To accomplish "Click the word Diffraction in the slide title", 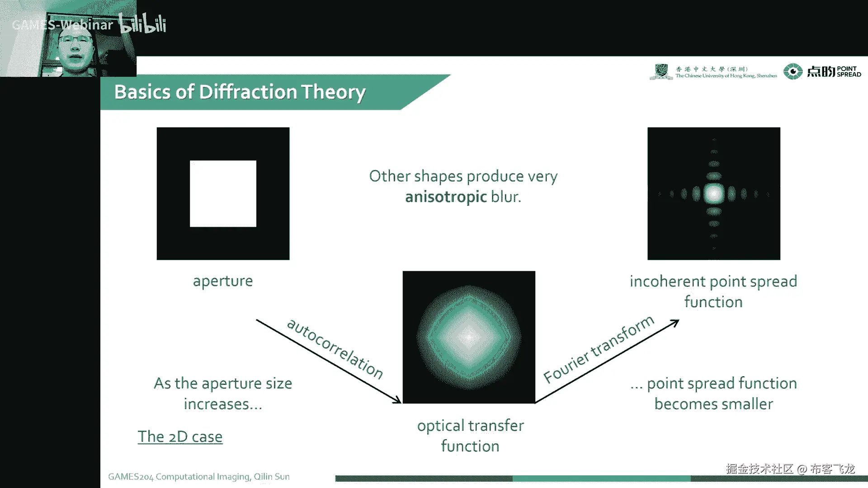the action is [248, 92].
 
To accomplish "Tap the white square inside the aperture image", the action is [223, 193].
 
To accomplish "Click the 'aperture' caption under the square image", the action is [223, 281].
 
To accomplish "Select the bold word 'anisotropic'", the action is [446, 197].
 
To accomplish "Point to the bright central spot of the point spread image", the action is [714, 194].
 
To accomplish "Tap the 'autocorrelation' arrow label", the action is [335, 348].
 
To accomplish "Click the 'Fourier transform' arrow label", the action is [599, 349].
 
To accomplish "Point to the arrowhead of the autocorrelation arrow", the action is [397, 400].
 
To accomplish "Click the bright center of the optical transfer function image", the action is [469, 337].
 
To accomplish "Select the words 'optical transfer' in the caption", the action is [470, 426].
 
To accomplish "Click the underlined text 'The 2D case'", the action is [180, 436].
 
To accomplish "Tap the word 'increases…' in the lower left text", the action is [223, 404].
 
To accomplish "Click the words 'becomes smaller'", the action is [713, 404].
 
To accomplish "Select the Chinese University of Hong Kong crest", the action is [661, 71].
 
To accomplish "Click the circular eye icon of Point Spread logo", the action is [793, 71].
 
